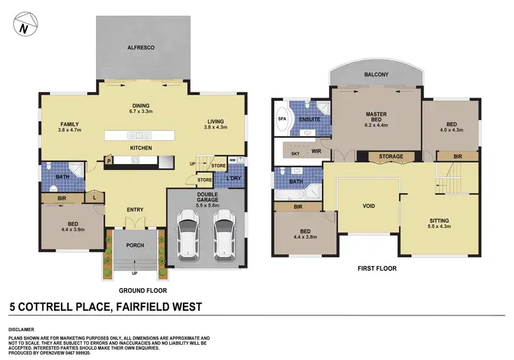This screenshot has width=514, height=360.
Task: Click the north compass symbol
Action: tap(24, 27)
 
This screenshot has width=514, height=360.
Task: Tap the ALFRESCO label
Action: tap(139, 48)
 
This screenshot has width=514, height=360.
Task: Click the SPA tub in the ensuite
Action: tap(282, 119)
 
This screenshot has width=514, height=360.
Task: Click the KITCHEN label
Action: tap(140, 148)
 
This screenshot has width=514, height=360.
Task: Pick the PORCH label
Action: tap(134, 241)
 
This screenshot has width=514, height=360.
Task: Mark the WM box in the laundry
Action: tap(232, 160)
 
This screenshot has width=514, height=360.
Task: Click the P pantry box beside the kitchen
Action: tap(109, 161)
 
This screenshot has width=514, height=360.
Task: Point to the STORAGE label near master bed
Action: tap(391, 157)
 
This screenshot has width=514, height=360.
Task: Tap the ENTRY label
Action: tap(134, 210)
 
